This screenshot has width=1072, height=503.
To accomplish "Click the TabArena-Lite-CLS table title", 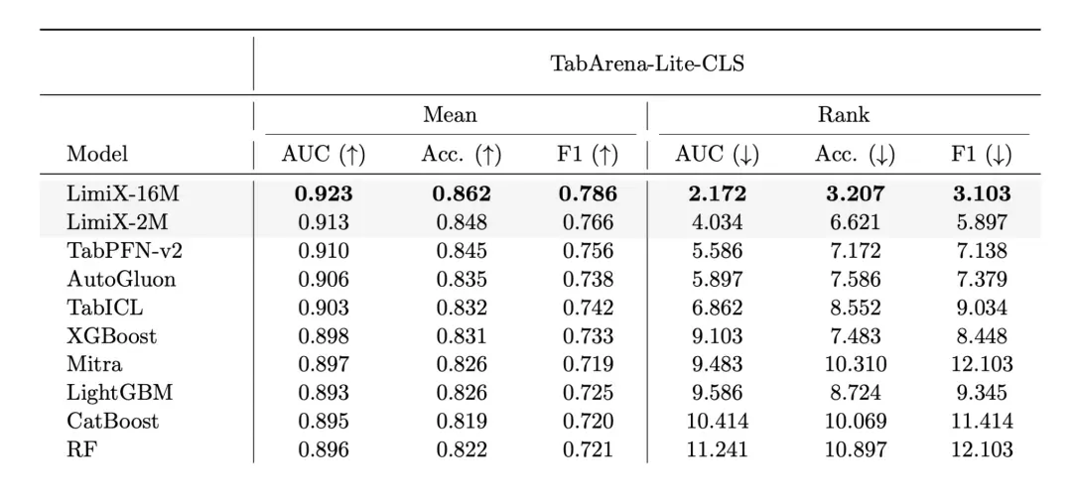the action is click(647, 63).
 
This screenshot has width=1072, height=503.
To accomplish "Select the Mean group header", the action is click(450, 114).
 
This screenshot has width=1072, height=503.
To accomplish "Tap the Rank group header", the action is click(845, 114).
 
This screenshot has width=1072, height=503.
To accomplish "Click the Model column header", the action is click(97, 154).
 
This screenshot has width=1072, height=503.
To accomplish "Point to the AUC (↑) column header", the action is click(324, 155).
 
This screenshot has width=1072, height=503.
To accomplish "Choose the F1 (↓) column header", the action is click(981, 155).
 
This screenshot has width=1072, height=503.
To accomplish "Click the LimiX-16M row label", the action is click(123, 193).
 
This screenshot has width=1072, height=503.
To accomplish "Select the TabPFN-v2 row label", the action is click(124, 251).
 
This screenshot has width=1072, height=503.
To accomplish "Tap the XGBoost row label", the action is click(111, 335).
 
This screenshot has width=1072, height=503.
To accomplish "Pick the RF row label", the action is click(79, 449).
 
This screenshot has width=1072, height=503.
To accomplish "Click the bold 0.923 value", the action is click(324, 193).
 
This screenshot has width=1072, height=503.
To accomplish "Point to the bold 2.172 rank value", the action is click(718, 193).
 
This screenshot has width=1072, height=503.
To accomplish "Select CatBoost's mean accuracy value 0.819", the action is click(462, 421).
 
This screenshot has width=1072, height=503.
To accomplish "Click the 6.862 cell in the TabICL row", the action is click(718, 308).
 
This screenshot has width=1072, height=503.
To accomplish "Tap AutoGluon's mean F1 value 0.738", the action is click(588, 279).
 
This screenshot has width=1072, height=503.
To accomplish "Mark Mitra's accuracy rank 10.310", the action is click(855, 364).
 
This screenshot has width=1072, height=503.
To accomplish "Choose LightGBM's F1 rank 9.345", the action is click(981, 392).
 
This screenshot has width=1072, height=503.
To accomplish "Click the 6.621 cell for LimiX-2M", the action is click(855, 222).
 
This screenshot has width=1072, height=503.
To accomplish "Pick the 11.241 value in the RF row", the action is click(718, 449).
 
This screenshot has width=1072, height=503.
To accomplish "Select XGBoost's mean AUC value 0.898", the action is click(324, 335).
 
